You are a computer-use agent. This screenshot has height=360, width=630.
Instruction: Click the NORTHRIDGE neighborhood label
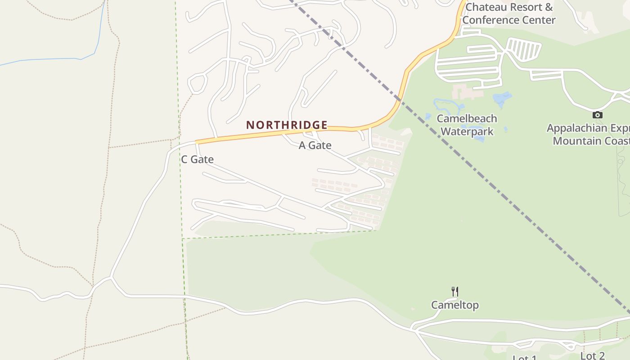[x=287, y=125]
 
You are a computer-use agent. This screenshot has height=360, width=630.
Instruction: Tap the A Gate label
[x=315, y=145]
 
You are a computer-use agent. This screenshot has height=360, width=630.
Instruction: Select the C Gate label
[x=197, y=159]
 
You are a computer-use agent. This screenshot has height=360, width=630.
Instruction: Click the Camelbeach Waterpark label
[x=467, y=125]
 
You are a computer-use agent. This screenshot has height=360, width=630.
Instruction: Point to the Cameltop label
[x=454, y=305]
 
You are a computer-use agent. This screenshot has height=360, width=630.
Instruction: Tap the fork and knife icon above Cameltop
[x=454, y=292]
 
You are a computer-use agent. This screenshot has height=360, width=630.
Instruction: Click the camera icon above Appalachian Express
[x=597, y=115]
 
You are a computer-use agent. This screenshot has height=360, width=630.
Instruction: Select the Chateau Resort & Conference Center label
[x=509, y=13]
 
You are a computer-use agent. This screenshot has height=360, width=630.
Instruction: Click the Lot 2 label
[x=592, y=356]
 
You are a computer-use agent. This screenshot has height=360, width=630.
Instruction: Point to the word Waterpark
[x=467, y=131]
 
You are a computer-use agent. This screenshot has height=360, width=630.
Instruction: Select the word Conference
[x=493, y=20]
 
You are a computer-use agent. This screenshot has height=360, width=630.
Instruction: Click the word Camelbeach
[x=467, y=119]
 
